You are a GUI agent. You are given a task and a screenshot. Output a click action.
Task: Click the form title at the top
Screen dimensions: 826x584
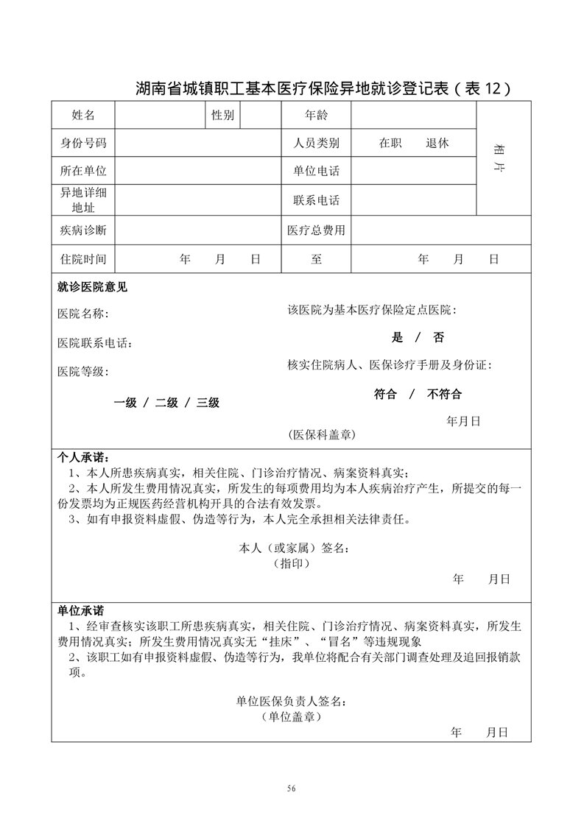[323, 88]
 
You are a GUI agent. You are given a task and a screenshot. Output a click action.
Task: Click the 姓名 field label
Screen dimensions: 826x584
[83, 116]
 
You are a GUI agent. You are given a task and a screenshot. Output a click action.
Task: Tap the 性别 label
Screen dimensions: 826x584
[222, 116]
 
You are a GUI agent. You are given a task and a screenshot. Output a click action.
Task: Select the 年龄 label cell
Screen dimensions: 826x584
[316, 116]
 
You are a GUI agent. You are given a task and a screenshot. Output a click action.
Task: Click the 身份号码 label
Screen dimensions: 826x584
[83, 144]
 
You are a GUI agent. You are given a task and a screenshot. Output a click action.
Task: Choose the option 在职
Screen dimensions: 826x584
[390, 144]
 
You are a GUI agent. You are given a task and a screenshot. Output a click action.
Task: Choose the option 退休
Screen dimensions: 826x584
[437, 144]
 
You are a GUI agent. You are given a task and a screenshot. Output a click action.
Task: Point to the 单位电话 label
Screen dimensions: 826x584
[316, 172]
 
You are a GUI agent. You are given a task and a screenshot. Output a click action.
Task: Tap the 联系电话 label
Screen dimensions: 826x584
[316, 200]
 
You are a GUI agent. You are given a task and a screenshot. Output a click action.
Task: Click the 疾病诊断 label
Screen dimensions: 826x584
[83, 230]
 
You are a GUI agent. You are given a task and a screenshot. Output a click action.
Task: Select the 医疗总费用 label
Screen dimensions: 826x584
[316, 230]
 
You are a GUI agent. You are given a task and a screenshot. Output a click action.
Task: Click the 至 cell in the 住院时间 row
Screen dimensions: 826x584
[316, 259]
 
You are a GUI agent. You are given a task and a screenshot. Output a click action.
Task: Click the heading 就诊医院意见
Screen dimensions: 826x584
[92, 287]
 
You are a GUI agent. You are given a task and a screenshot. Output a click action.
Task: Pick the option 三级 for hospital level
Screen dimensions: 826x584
[208, 403]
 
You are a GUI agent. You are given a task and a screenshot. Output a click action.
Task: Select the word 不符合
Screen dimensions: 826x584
[444, 394]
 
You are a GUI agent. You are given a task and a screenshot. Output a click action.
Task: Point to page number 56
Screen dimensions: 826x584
[292, 788]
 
